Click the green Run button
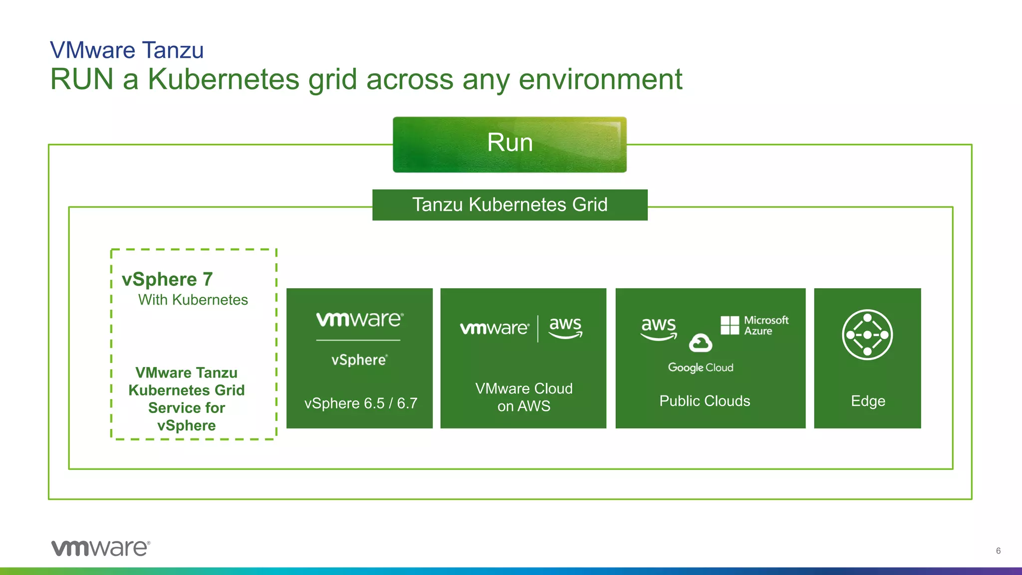(x=510, y=144)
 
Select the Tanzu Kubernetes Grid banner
(x=510, y=204)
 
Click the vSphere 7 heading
(x=167, y=279)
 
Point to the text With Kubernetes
(x=193, y=300)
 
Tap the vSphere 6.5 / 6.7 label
(x=360, y=403)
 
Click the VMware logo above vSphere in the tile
(x=359, y=319)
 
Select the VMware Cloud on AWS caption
(x=523, y=397)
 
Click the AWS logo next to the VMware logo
(x=565, y=328)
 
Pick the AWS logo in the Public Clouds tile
(x=659, y=328)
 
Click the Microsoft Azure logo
(x=755, y=325)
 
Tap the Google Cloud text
(x=701, y=368)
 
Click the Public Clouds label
(x=704, y=401)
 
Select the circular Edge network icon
(x=867, y=335)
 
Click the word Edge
(x=868, y=401)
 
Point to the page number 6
(x=998, y=551)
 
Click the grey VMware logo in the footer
(x=100, y=548)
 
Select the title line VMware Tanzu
(x=127, y=50)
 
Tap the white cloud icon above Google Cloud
(x=700, y=343)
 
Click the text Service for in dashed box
(x=186, y=408)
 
